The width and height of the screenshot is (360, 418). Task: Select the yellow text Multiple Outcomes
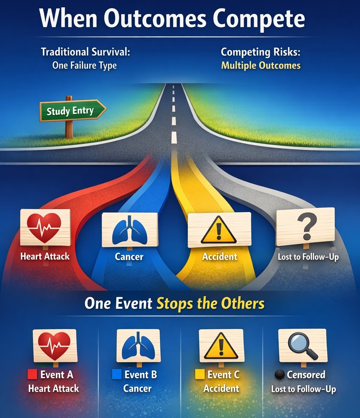[261, 66]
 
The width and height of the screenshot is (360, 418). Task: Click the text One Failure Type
[84, 65]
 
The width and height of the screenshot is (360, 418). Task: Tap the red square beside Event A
[32, 374]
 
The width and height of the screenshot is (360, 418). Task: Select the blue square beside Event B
[116, 374]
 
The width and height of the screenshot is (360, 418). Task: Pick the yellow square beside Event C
[200, 374]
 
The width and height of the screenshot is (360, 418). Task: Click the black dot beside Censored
[280, 375]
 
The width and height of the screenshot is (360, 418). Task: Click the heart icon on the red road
[44, 227]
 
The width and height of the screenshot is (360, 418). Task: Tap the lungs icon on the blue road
[129, 230]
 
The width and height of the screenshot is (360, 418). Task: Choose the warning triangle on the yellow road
[219, 230]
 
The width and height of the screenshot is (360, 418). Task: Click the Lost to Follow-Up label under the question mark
[308, 257]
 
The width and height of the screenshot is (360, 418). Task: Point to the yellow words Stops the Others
[210, 303]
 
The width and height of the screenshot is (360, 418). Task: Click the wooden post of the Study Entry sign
[69, 129]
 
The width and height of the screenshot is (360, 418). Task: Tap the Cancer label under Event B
[137, 388]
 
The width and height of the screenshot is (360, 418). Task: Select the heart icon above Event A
[54, 346]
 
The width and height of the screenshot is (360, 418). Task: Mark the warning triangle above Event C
[221, 346]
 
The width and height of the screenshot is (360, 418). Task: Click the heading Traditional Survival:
[85, 52]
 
